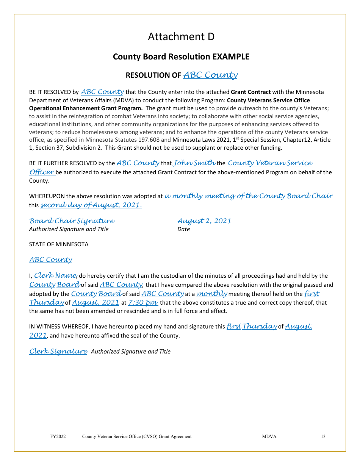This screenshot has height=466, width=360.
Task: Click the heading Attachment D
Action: click(x=181, y=37)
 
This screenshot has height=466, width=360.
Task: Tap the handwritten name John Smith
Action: click(x=194, y=163)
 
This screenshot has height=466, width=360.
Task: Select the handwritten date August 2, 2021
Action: click(x=204, y=221)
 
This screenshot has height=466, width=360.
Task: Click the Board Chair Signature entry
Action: click(x=72, y=221)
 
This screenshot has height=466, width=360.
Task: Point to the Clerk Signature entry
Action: click(x=58, y=351)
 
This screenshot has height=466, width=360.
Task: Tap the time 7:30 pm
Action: click(x=143, y=303)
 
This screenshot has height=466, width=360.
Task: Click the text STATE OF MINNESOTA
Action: click(x=59, y=244)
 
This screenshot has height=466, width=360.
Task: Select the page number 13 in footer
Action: click(x=323, y=436)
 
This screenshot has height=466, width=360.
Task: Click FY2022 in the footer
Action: click(x=58, y=436)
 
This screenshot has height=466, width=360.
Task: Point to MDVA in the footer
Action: click(x=269, y=436)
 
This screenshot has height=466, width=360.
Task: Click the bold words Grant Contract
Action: click(x=251, y=92)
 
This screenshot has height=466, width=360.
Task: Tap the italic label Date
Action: click(x=184, y=229)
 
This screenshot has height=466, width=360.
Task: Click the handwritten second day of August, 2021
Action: click(x=91, y=205)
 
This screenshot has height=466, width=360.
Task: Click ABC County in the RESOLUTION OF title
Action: click(x=210, y=75)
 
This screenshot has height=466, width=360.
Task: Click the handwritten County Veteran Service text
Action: click(x=270, y=163)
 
